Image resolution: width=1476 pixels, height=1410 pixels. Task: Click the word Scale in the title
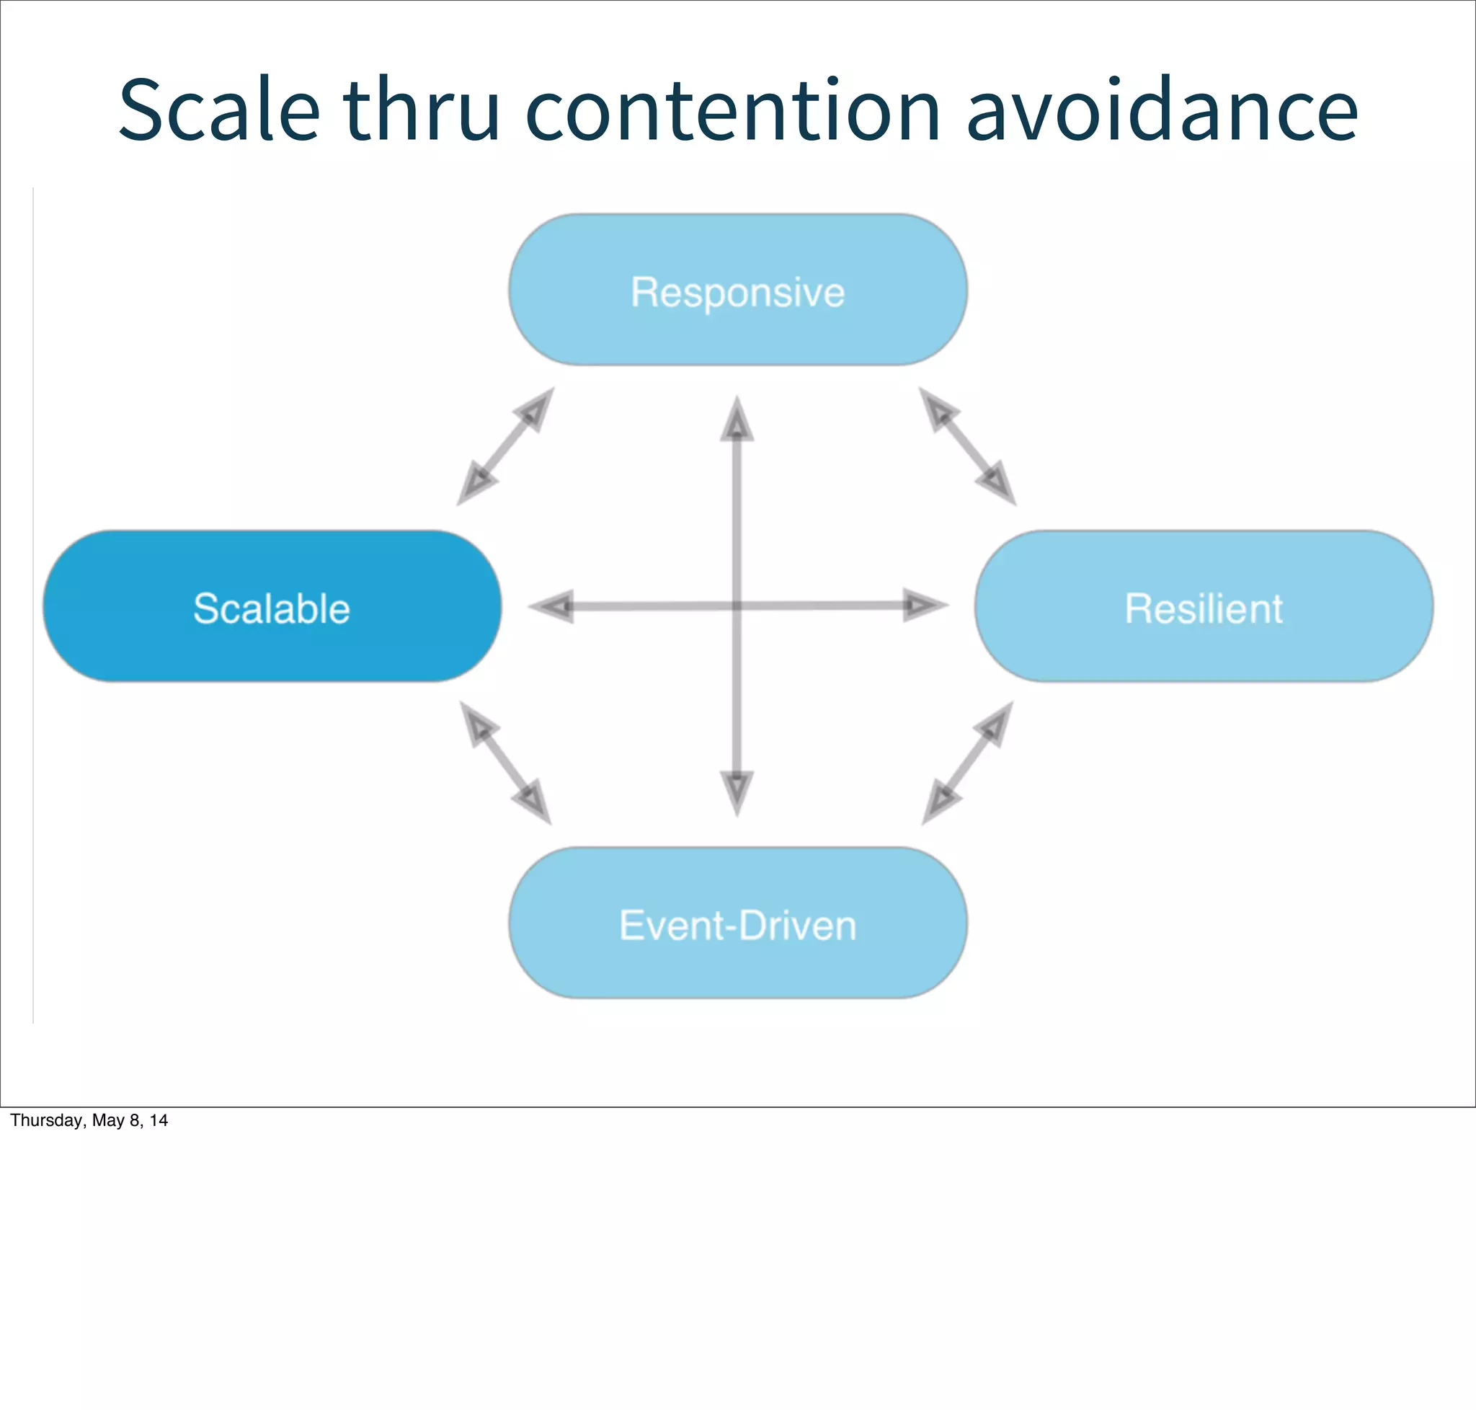[218, 110]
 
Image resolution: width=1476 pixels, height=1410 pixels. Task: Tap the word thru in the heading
[422, 110]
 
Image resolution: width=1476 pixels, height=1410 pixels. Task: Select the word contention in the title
[732, 110]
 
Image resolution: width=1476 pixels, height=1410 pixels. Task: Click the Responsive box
[737, 290]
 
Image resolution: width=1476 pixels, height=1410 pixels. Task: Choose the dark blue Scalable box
[271, 606]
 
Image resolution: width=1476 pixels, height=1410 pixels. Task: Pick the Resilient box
[1203, 606]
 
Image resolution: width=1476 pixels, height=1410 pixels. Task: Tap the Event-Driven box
[737, 923]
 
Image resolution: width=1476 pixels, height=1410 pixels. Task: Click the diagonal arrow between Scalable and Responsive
[505, 446]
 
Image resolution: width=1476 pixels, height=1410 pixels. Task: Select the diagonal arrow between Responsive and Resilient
[967, 446]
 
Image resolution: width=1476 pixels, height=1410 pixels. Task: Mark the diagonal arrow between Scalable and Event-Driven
[505, 763]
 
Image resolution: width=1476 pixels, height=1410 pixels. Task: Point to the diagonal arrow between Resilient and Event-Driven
[968, 763]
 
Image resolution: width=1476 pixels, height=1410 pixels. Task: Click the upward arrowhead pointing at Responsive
[737, 421]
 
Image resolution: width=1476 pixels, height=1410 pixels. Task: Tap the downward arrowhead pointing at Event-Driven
[737, 792]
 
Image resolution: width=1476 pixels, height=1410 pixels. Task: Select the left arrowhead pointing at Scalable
[553, 606]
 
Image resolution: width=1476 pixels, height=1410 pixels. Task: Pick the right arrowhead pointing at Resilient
[923, 605]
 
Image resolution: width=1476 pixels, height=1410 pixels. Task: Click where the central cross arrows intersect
[737, 606]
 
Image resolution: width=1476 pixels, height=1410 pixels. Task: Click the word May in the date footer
[108, 1121]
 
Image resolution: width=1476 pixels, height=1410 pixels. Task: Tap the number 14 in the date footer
[159, 1121]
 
